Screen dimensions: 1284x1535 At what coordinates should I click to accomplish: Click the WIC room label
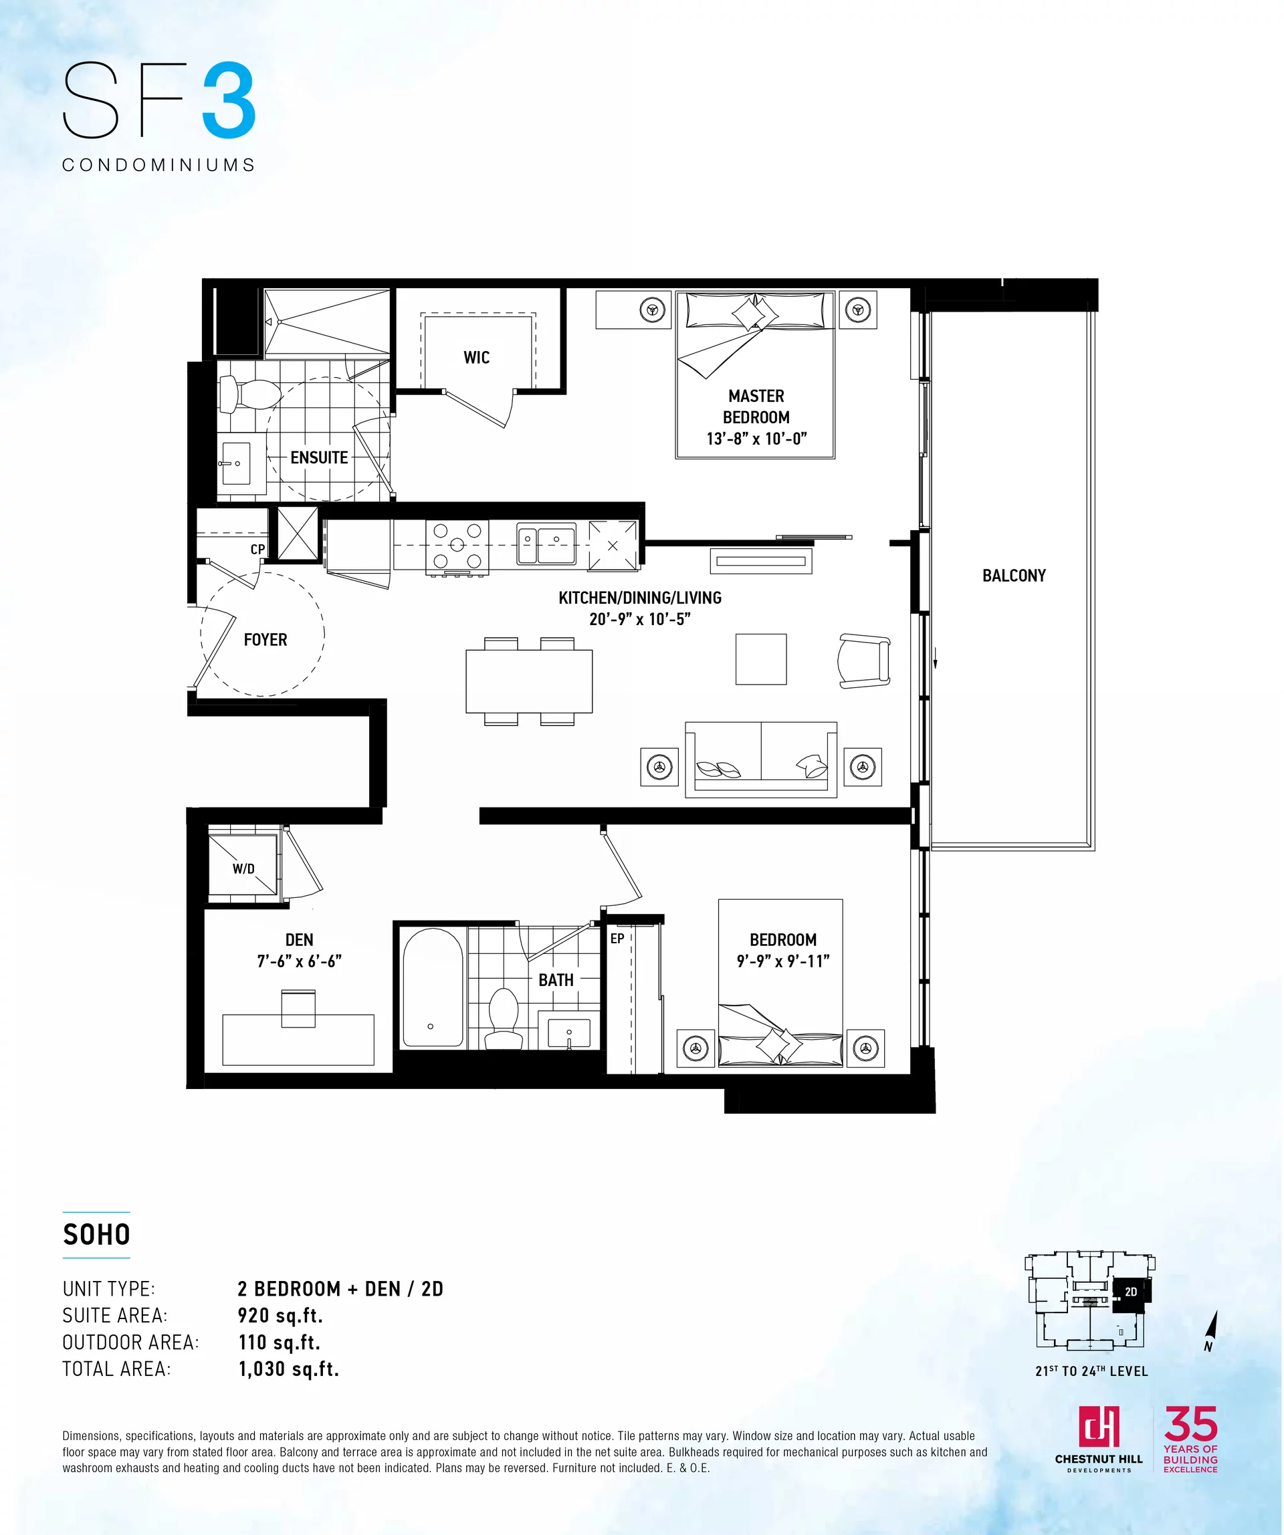[x=476, y=358]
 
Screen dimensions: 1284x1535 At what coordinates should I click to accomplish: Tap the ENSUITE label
[x=319, y=457]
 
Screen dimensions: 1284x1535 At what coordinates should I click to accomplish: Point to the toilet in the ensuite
[x=249, y=394]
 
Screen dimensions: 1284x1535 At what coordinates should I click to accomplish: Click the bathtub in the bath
[x=433, y=987]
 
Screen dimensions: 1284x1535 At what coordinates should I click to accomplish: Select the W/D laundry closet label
[x=243, y=869]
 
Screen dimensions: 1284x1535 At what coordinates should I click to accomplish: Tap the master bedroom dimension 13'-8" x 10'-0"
[x=756, y=439]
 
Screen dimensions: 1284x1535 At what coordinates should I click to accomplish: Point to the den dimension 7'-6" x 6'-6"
[x=299, y=961]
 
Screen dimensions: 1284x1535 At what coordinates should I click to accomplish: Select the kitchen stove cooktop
[x=457, y=546]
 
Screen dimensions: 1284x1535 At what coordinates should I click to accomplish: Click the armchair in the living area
[x=864, y=661]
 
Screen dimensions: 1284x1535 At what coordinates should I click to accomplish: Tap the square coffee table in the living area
[x=761, y=659]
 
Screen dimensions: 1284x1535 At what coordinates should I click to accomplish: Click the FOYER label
[x=265, y=640]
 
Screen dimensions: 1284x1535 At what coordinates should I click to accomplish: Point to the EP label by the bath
[x=617, y=939]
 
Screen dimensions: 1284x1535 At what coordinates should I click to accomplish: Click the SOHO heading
[x=96, y=1235]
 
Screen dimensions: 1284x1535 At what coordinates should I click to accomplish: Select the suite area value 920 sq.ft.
[x=280, y=1316]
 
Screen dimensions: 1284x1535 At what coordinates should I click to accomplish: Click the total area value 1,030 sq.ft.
[x=289, y=1369]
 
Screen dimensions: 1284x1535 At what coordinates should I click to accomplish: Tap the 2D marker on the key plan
[x=1130, y=1292]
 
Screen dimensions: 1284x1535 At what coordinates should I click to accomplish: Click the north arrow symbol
[x=1211, y=1330]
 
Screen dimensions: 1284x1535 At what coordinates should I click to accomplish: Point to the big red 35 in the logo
[x=1190, y=1423]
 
